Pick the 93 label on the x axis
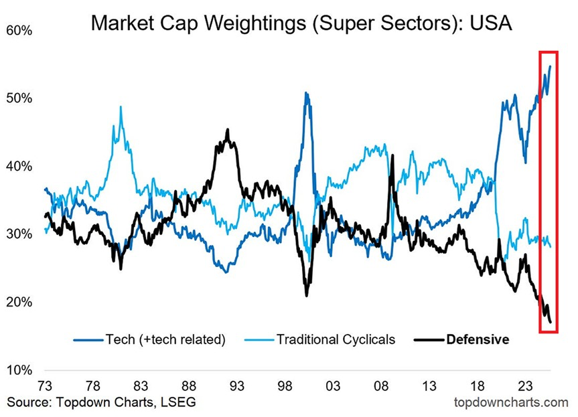pos(236,386)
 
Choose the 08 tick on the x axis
pos(381,386)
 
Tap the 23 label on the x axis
pos(524,386)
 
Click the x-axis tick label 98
pos(285,386)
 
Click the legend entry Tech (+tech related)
pos(165,339)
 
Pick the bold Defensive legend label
pos(478,339)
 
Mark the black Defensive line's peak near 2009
pos(392,155)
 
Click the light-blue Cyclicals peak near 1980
pos(121,107)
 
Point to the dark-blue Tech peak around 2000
pos(306,93)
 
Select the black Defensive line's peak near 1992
pos(228,130)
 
